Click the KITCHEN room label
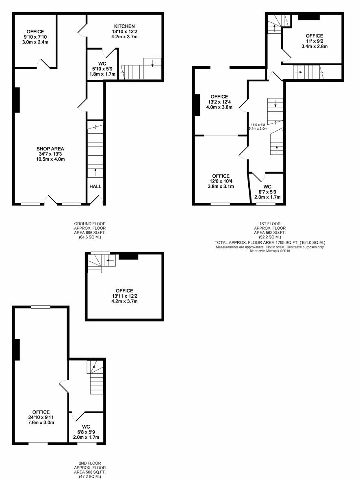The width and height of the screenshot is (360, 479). [124, 26]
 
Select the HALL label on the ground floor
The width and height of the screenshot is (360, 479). [95, 186]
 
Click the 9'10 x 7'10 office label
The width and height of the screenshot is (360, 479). [35, 37]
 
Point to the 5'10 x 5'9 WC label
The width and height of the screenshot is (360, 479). [102, 69]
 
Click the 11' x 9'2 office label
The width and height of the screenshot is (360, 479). [314, 41]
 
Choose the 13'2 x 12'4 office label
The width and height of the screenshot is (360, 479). [219, 102]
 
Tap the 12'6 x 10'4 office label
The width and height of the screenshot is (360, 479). [221, 181]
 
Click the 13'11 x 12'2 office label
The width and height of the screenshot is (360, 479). [124, 296]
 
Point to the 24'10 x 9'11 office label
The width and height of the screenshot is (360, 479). [41, 417]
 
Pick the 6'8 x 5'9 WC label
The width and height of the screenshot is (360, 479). [86, 432]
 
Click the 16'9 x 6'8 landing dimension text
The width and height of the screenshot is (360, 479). [258, 127]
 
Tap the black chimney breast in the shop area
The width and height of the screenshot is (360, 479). [17, 100]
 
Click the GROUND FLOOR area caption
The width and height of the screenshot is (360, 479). [90, 230]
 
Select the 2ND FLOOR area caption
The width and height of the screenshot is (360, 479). [90, 470]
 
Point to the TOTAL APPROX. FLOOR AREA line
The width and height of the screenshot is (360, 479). [270, 243]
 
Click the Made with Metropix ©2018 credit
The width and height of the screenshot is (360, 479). [270, 251]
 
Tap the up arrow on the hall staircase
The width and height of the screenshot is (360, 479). [95, 172]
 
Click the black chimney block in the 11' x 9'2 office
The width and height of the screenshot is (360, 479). [309, 17]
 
